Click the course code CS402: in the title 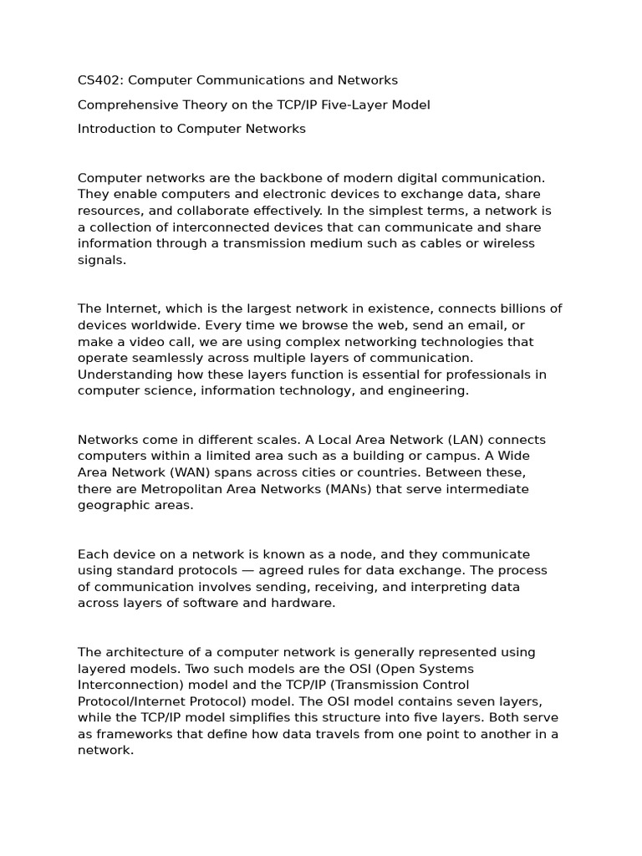click(x=100, y=80)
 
